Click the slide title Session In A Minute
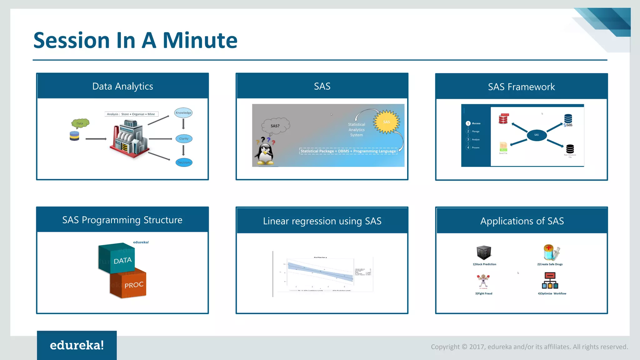[x=135, y=40]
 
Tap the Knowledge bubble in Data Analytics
[x=183, y=113]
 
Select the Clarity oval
[x=184, y=139]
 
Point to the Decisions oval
[x=184, y=162]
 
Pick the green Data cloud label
[x=80, y=123]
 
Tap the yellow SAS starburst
[x=387, y=122]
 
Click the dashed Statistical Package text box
[x=348, y=151]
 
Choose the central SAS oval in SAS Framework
[x=537, y=135]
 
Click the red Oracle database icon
[x=503, y=119]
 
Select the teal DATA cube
[x=117, y=258]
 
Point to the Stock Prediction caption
[x=484, y=264]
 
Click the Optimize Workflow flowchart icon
[x=550, y=281]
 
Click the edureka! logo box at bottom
[x=77, y=345]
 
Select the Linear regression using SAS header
[x=322, y=221]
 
